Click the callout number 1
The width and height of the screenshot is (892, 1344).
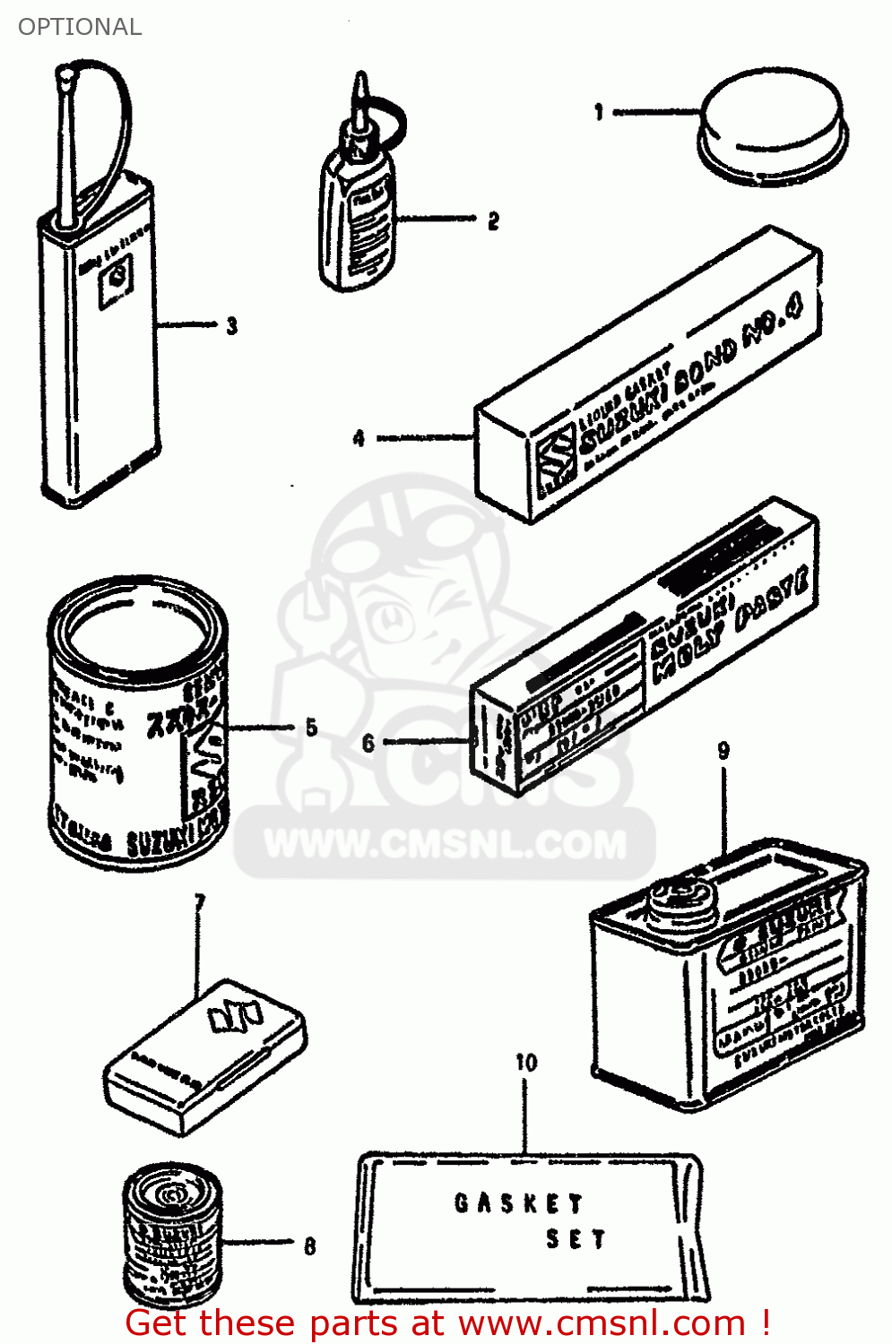(598, 112)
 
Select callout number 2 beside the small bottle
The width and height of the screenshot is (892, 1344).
(493, 220)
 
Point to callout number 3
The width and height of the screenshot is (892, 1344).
(232, 325)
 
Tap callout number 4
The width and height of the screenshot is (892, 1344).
(359, 438)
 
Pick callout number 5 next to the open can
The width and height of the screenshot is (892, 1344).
(311, 727)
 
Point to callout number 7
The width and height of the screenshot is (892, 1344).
(199, 901)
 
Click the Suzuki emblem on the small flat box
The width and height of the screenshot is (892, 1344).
(234, 1015)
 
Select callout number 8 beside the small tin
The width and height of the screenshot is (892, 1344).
(309, 1245)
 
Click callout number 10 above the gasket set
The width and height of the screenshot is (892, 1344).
(526, 1063)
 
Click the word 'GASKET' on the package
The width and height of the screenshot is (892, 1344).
(518, 1202)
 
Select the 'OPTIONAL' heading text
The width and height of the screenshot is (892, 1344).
(80, 27)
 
